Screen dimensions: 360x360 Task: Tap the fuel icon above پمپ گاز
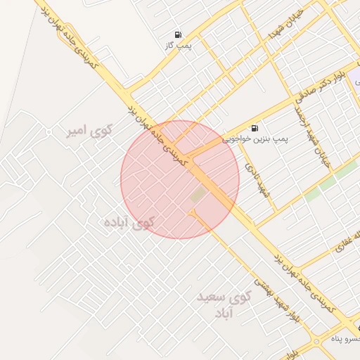pos(177,34)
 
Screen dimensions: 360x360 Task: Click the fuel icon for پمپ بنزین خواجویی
pos(253,128)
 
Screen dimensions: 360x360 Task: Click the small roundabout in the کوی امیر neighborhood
pos(49,131)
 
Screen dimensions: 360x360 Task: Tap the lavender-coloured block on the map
pos(356,73)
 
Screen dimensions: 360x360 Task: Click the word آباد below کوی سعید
pos(221,311)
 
